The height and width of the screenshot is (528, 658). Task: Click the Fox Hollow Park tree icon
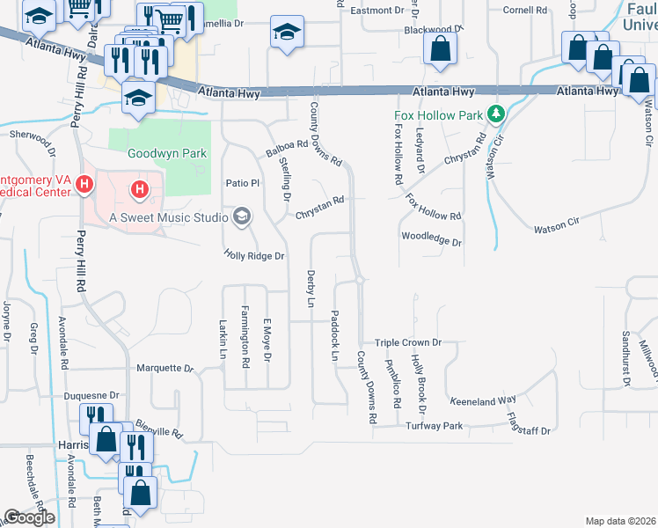(x=496, y=114)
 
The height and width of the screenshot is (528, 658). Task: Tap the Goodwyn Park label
(x=167, y=153)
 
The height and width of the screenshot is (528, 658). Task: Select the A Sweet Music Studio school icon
(x=240, y=216)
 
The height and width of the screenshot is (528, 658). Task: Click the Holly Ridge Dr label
(x=255, y=256)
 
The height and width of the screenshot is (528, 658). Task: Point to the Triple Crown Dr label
(x=407, y=342)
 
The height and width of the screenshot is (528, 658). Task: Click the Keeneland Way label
(x=483, y=400)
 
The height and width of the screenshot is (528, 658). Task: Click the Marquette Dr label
(x=164, y=368)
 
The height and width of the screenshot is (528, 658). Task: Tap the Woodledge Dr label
(x=431, y=238)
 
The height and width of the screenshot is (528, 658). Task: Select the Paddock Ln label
(x=334, y=336)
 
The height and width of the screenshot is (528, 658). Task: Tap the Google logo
(x=29, y=517)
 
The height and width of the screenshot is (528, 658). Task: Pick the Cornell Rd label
(x=525, y=11)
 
